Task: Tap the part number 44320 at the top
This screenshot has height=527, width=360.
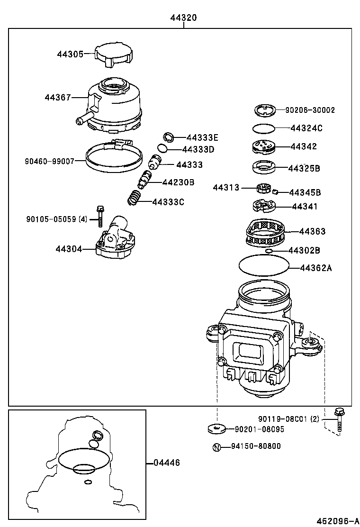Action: [183, 18]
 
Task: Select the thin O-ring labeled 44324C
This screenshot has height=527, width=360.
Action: [264, 128]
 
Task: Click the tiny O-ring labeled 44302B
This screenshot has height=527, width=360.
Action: [269, 251]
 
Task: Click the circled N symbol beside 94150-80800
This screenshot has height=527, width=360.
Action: [216, 446]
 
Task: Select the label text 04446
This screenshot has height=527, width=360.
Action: [167, 463]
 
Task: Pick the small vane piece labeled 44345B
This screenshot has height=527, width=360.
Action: [275, 192]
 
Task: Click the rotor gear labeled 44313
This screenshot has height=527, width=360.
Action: [263, 189]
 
